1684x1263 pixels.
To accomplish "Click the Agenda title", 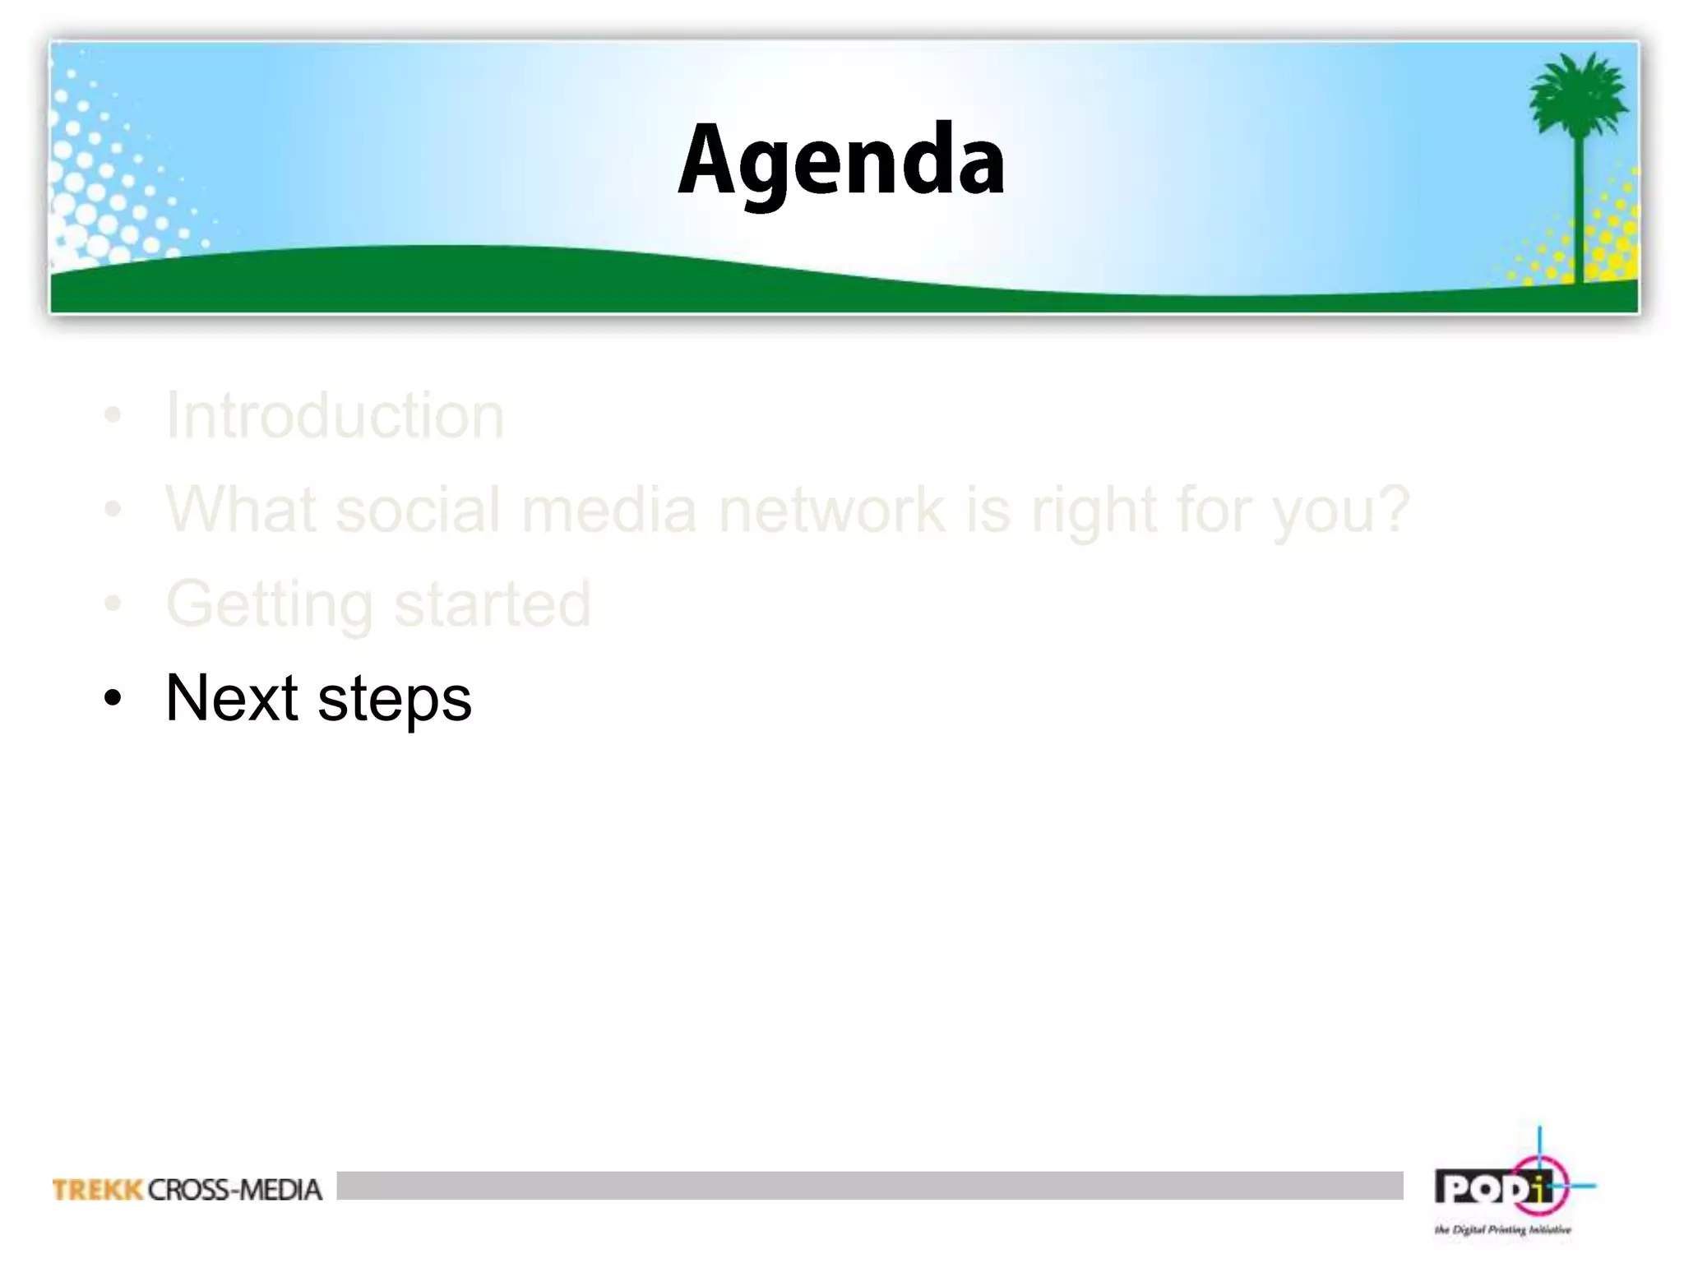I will pos(840,160).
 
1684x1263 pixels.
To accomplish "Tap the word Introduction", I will pos(335,415).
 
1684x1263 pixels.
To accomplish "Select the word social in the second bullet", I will pos(418,510).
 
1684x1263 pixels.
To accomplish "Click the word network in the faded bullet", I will pos(831,510).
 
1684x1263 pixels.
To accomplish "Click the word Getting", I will pos(270,605).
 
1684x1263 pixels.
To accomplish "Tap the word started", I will pos(492,604).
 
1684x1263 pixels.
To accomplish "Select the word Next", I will pos(231,698).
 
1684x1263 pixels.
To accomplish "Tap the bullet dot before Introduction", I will pos(113,416).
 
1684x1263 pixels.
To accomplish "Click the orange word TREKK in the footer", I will pos(97,1189).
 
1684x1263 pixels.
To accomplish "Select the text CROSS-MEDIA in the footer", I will pos(235,1189).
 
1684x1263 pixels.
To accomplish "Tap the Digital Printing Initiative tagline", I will pos(1502,1230).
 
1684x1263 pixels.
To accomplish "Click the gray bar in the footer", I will pos(869,1185).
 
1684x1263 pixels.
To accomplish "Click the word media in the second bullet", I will pos(608,510).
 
